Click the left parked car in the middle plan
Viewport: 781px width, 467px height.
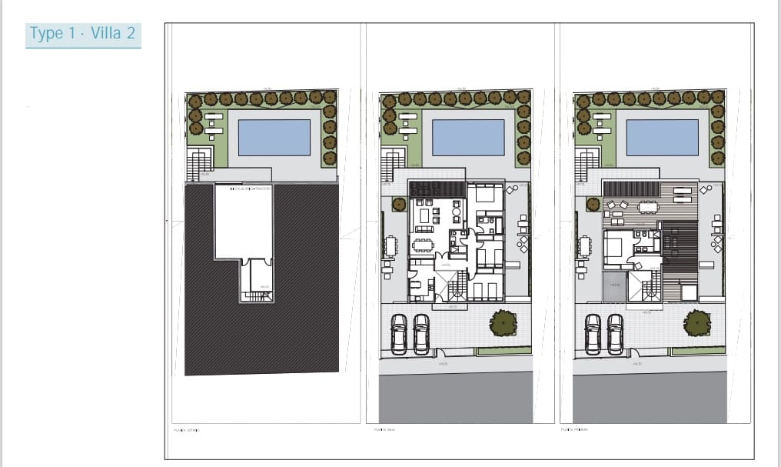(398, 334)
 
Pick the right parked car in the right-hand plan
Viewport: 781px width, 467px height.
(615, 334)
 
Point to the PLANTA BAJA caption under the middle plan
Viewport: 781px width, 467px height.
(384, 430)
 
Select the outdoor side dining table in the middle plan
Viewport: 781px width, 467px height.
(390, 247)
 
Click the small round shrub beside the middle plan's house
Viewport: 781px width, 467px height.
(399, 204)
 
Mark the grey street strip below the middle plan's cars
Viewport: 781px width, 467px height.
(455, 396)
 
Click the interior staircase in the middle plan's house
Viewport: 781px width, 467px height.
(457, 288)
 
